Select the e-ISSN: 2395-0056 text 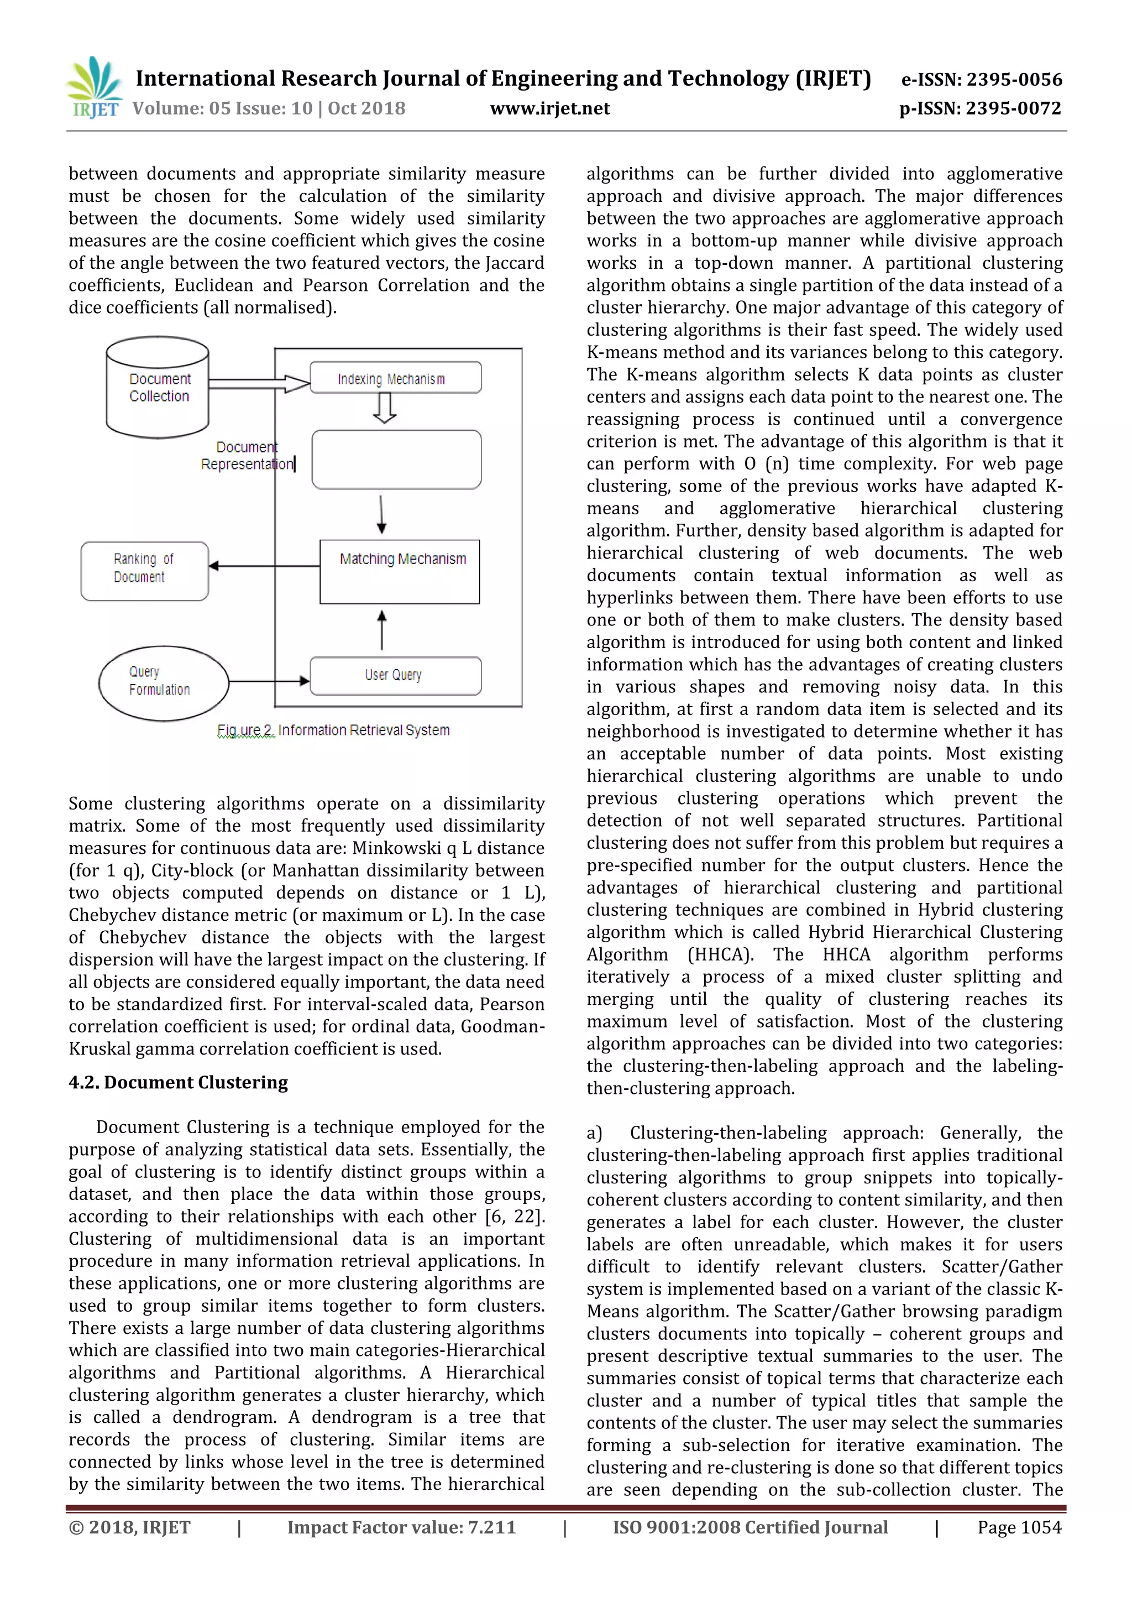coord(981,80)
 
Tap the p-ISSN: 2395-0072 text coord(980,108)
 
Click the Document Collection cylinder coord(158,387)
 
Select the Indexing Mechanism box coord(395,378)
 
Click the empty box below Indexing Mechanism coord(396,459)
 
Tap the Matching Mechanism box coord(400,571)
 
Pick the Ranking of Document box coord(144,571)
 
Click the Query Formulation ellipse coord(163,682)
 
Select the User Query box coord(395,675)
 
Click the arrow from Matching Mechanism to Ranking coord(264,566)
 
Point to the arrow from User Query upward coord(381,629)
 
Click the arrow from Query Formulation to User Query coord(269,680)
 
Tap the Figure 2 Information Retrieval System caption coord(333,730)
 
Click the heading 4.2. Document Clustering coord(178,1082)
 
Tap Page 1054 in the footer coord(1019,1527)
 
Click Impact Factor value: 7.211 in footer coord(401,1527)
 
